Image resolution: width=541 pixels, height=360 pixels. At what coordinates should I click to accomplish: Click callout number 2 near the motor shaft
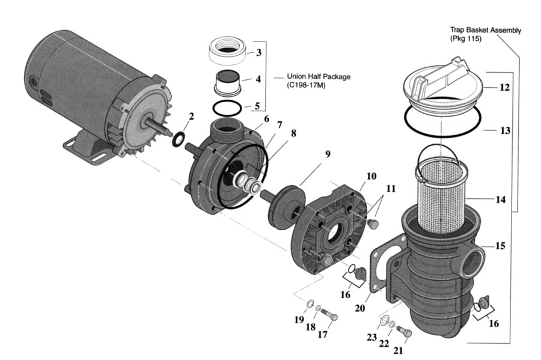tap(191, 116)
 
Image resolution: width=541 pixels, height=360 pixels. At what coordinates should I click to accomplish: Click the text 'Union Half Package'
tap(319, 76)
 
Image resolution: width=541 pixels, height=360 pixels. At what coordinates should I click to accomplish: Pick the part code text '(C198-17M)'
tap(306, 85)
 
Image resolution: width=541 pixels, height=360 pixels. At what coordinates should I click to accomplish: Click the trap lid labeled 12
tap(441, 86)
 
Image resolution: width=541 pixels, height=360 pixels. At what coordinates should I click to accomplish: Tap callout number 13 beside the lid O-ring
tap(505, 130)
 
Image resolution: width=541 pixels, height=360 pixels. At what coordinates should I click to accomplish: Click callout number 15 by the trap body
tap(500, 246)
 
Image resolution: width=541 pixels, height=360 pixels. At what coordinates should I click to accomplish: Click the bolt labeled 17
tap(329, 314)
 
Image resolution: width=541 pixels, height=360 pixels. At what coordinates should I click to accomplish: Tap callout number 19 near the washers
tap(299, 320)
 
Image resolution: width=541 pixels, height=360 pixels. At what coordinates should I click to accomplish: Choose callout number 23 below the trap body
tap(371, 337)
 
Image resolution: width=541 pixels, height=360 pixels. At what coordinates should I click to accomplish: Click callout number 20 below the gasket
tap(360, 308)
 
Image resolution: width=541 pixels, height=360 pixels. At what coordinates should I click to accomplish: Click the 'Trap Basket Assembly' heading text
tap(486, 30)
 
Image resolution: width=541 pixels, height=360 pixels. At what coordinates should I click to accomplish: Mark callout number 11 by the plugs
tap(391, 189)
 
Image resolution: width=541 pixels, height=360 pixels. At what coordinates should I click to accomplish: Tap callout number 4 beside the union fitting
tap(258, 79)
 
